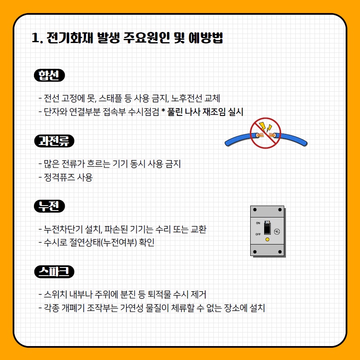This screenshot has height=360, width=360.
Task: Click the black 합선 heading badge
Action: tap(50, 75)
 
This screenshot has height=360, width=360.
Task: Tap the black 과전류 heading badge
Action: tap(54, 141)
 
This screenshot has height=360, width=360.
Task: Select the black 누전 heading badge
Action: tap(50, 206)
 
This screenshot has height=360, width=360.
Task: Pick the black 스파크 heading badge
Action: tap(54, 272)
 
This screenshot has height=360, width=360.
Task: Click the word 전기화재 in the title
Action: tap(70, 38)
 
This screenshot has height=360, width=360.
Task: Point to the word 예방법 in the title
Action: tap(206, 38)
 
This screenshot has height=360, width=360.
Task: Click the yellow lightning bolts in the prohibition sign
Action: tap(265, 127)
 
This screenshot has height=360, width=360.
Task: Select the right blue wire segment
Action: tap(292, 139)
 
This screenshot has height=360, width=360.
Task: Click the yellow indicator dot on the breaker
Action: tap(267, 240)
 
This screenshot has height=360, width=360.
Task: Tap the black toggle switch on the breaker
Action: tap(267, 228)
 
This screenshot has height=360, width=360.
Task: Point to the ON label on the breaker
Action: tap(258, 223)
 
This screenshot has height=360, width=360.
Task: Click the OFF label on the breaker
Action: tap(258, 234)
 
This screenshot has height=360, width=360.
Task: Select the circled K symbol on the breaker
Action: tap(277, 231)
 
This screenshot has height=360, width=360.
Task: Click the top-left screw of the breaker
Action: tap(255, 210)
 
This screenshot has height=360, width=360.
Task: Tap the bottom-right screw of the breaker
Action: tap(280, 252)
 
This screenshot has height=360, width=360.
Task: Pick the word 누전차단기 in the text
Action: tap(63, 229)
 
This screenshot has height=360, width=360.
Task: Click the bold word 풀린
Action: tap(175, 112)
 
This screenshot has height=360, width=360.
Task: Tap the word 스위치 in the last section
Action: tap(55, 294)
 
